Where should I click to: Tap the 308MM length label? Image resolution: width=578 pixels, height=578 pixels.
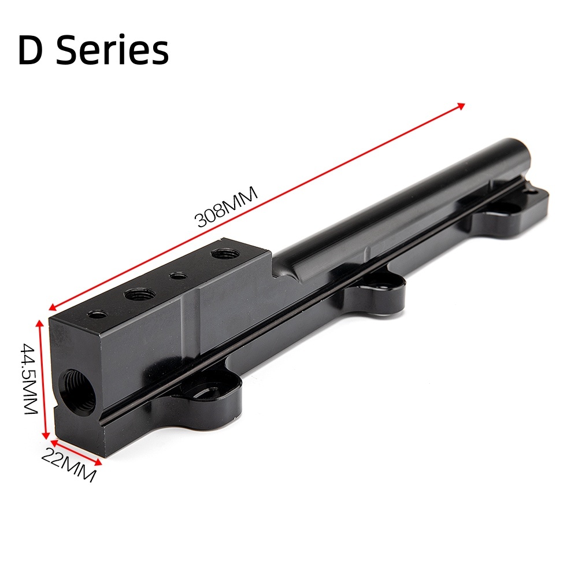(x=225, y=207)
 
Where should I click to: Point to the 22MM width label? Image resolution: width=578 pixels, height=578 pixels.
(x=68, y=466)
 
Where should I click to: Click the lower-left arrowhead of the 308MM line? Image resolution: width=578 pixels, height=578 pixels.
(x=53, y=307)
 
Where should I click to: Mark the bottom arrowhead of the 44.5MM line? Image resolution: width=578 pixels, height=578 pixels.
(x=45, y=435)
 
